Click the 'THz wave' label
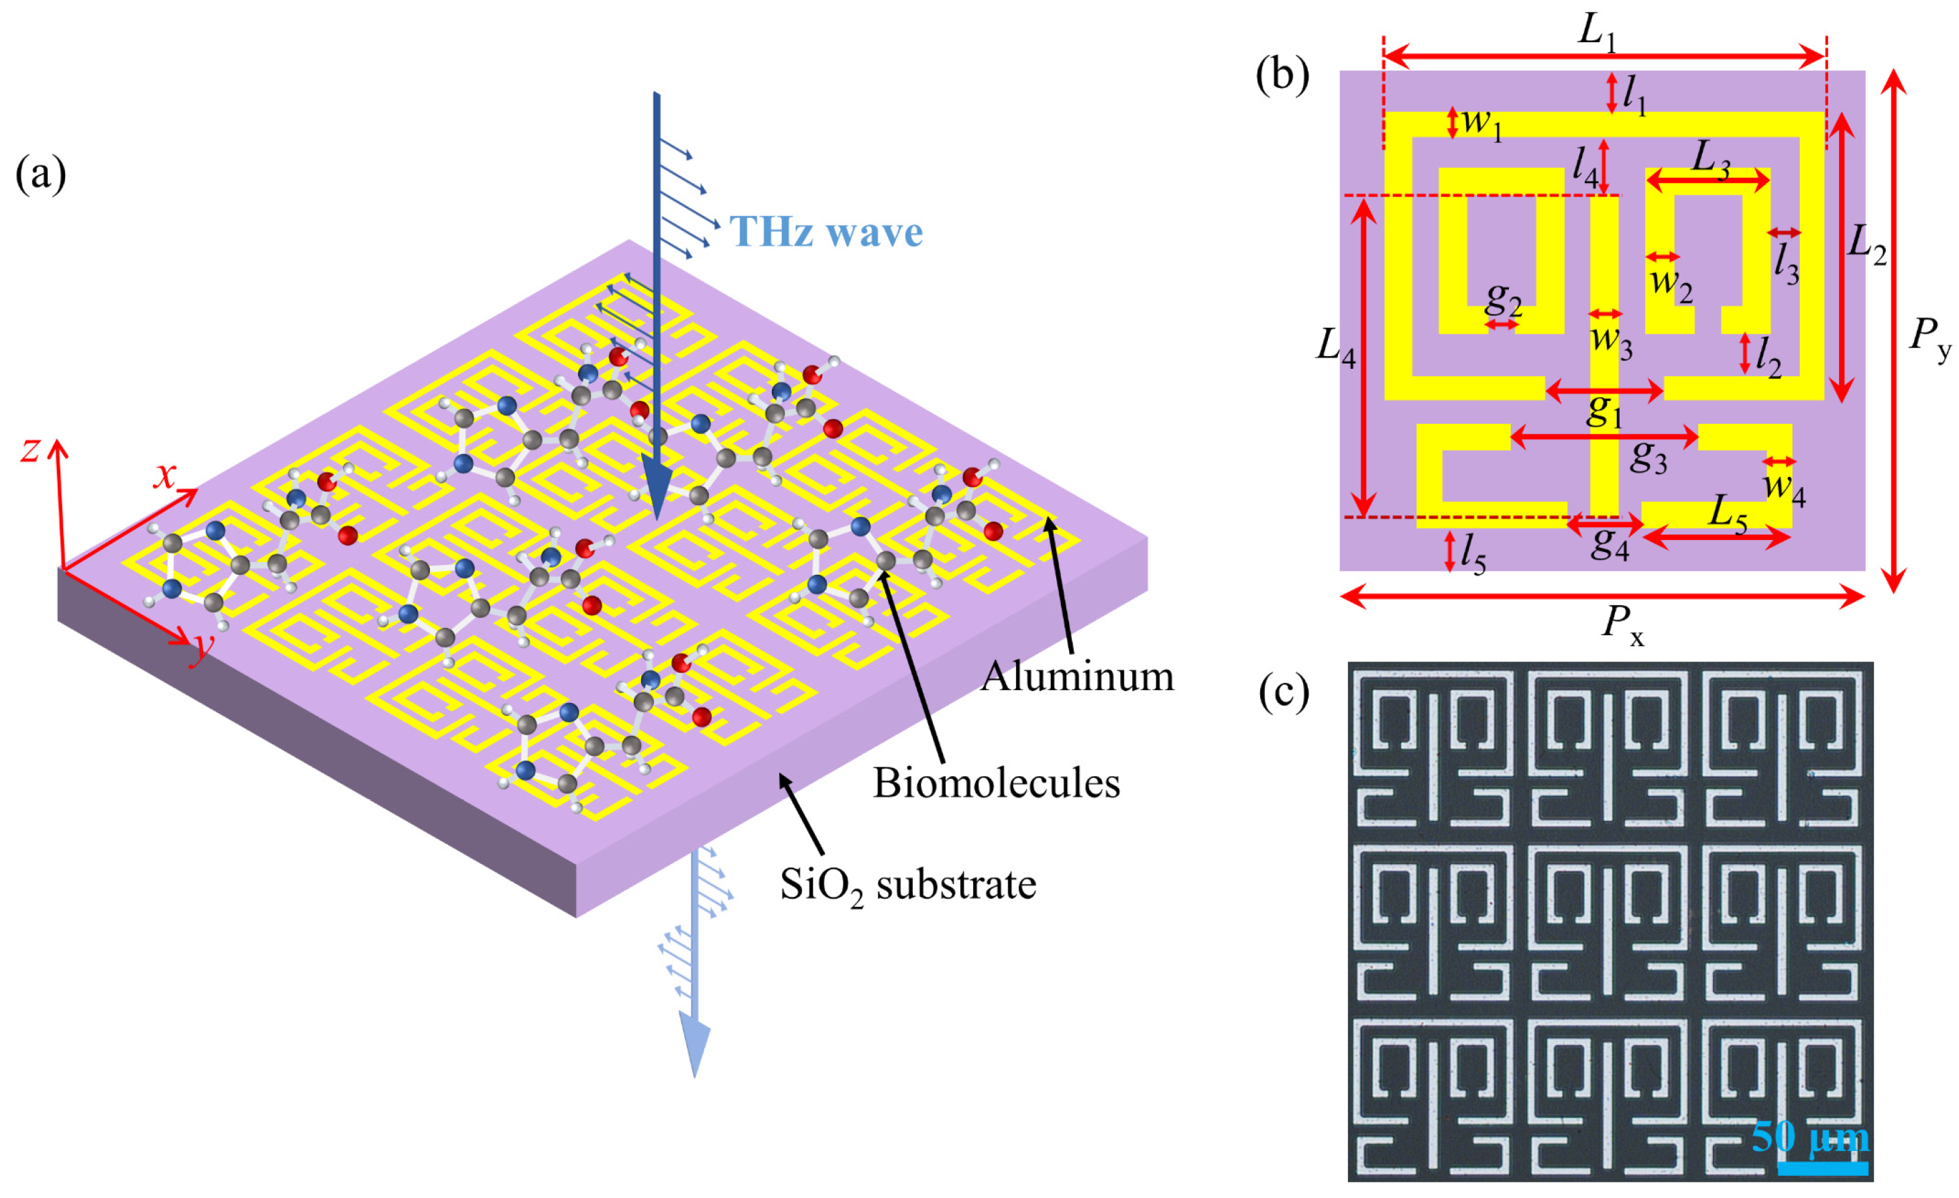[x=826, y=232]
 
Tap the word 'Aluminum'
[x=1076, y=677]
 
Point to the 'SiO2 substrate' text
[x=908, y=885]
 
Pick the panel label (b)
[x=1282, y=76]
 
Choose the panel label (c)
[x=1283, y=692]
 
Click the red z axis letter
[x=31, y=450]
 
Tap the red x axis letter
[x=164, y=476]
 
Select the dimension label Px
[x=1622, y=622]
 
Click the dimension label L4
[x=1336, y=347]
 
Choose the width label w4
[x=1784, y=485]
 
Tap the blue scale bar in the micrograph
[x=1822, y=1168]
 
